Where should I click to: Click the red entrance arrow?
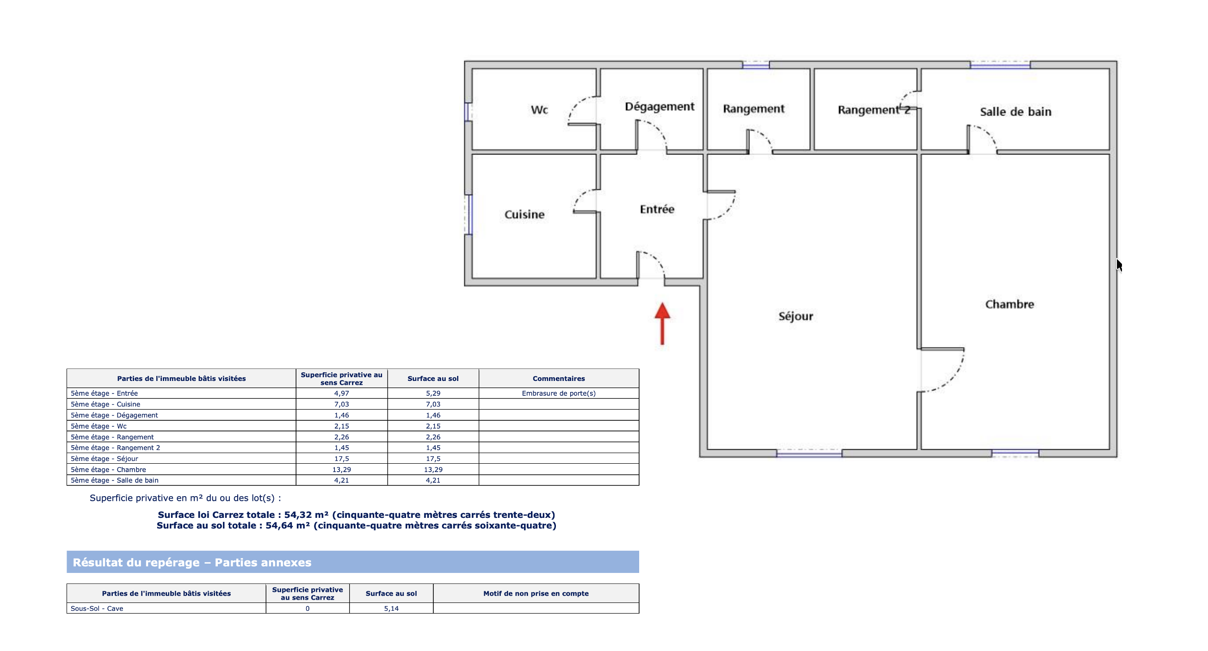click(662, 323)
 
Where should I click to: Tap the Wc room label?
click(539, 110)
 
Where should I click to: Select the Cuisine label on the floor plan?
click(524, 214)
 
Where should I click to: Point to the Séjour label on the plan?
click(796, 316)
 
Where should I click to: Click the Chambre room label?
click(1010, 304)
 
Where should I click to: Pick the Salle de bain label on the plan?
click(1016, 111)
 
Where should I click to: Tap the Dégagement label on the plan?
click(660, 107)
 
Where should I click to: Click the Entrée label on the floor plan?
click(657, 209)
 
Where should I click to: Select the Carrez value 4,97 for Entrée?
click(341, 393)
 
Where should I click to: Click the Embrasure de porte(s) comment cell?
click(559, 393)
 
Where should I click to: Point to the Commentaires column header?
click(559, 378)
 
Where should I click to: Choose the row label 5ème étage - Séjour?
click(104, 458)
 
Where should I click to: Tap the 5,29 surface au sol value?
click(433, 393)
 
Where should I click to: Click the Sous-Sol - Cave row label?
click(97, 608)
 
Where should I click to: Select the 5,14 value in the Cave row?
click(391, 608)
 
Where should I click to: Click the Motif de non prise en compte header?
click(536, 593)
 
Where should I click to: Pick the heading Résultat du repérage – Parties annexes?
click(192, 562)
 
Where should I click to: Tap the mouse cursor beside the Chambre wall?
click(1119, 265)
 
